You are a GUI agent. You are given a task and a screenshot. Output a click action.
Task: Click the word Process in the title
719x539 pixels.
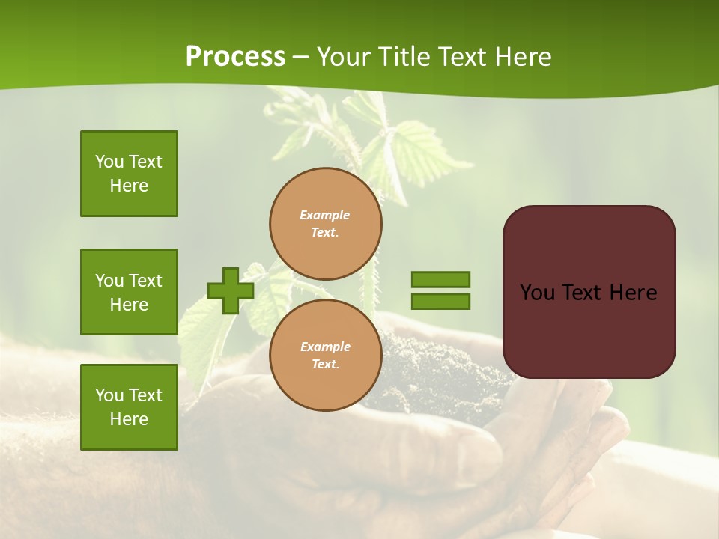coord(235,57)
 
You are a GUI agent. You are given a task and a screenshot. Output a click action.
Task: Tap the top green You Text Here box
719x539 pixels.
coord(129,174)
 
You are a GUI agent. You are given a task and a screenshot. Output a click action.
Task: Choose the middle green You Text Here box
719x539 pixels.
coord(129,292)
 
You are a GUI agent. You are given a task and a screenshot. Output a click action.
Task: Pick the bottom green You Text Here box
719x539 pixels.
coord(129,407)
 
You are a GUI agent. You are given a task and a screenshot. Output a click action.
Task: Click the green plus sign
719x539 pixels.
coord(231,290)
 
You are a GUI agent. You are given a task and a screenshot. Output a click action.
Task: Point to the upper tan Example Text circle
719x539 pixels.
coord(325,224)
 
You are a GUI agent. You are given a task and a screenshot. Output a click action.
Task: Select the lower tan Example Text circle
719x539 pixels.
coord(325,356)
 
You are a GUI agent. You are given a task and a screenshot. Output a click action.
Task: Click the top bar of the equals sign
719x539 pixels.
coord(440,279)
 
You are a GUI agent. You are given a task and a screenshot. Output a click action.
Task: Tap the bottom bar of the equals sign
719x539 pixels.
coord(440,302)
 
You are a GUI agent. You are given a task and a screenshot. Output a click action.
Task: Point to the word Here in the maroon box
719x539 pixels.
coord(633,293)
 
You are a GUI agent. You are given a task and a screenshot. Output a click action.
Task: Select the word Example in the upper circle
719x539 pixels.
coord(325,215)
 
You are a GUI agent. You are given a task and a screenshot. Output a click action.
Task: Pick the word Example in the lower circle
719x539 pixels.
coord(325,347)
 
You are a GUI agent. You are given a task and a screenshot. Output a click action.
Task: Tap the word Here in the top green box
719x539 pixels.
coord(129,186)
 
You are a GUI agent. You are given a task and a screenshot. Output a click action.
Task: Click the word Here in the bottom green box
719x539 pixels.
coord(129,419)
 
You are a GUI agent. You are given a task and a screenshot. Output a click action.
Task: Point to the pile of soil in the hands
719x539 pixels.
coord(434,367)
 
